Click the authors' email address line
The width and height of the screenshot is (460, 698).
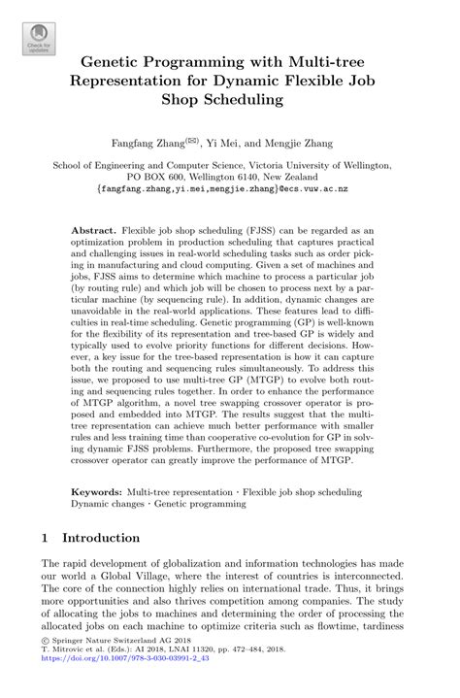(x=229, y=192)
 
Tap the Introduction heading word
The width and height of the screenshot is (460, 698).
(x=101, y=537)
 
